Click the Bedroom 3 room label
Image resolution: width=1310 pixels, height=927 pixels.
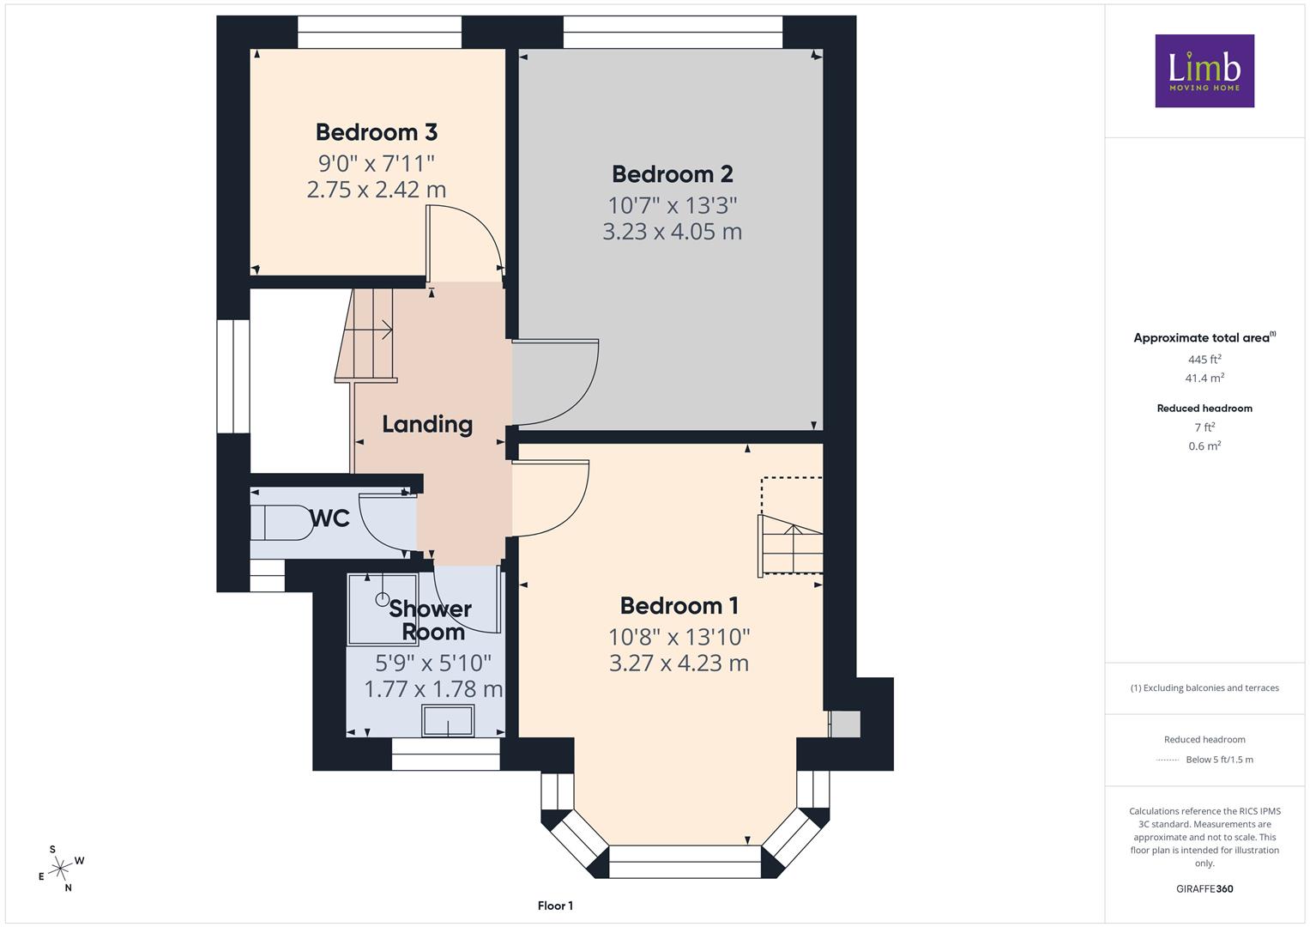[376, 132]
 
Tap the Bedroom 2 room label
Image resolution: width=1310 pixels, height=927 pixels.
[672, 174]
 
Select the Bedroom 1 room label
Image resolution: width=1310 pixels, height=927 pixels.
[679, 606]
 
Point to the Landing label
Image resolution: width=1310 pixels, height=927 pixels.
[427, 424]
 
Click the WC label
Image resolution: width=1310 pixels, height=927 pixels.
[329, 518]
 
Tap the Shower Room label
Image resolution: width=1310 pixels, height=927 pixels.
[431, 621]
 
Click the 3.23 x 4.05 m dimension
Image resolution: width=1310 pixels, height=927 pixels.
[672, 232]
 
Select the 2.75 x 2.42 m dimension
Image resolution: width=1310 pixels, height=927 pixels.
[376, 190]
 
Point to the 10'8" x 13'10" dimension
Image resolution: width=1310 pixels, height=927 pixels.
[679, 637]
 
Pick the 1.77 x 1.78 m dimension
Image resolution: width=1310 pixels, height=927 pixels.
[433, 689]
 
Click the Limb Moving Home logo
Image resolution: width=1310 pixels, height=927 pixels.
[1204, 70]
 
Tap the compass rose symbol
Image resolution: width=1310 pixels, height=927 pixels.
[61, 869]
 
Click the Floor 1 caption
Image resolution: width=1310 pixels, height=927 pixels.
[555, 906]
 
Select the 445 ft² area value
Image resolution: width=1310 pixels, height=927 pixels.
[1204, 360]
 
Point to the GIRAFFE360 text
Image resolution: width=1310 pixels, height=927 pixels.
[1204, 888]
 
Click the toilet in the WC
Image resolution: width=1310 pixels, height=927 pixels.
[281, 522]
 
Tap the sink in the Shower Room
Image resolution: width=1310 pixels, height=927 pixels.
[448, 720]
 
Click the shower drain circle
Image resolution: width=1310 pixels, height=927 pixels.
[383, 599]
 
